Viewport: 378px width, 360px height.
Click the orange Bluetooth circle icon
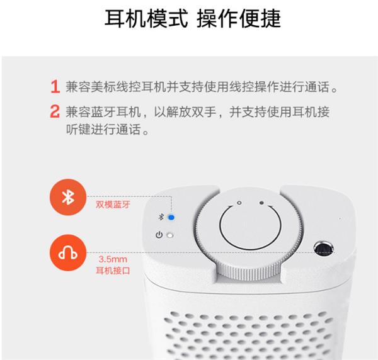click(x=68, y=197)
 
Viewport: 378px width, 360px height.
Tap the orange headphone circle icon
click(x=68, y=253)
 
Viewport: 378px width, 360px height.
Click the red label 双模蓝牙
click(x=113, y=205)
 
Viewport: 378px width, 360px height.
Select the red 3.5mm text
click(x=113, y=259)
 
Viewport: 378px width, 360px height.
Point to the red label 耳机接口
click(x=113, y=271)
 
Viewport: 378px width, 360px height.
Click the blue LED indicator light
click(x=171, y=217)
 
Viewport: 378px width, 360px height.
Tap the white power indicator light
click(x=170, y=235)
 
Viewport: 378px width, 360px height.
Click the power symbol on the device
click(x=159, y=235)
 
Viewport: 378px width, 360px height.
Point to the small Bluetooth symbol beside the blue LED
click(x=161, y=217)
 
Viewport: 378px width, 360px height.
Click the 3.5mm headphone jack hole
click(x=324, y=248)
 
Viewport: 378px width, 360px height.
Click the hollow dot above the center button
click(x=239, y=203)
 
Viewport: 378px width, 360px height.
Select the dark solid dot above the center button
click(x=261, y=203)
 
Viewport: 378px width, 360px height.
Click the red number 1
click(x=55, y=87)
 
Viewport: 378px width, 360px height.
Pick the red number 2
click(x=55, y=111)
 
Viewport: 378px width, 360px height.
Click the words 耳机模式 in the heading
click(x=146, y=18)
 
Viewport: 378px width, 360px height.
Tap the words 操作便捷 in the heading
click(x=239, y=18)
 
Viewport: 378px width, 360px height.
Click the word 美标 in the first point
click(x=103, y=87)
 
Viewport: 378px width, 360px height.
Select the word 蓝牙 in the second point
click(x=103, y=112)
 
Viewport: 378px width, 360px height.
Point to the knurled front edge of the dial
click(x=249, y=272)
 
